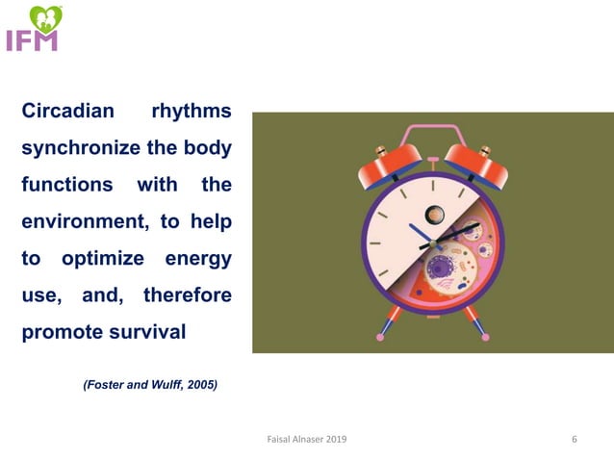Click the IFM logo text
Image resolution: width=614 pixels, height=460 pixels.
[x=32, y=40]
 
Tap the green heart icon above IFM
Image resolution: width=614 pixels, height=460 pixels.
[x=44, y=17]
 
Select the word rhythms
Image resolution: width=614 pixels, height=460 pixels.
[x=192, y=111]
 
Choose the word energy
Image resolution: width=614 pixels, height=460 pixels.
[x=197, y=259]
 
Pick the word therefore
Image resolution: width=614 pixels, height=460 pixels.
[x=188, y=295]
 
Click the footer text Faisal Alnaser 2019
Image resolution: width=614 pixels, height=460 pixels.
[x=307, y=440]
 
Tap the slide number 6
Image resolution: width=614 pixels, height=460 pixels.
[x=575, y=440]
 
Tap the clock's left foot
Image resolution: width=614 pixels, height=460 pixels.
[x=387, y=325]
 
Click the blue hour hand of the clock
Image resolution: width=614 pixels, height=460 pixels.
[x=421, y=233]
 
